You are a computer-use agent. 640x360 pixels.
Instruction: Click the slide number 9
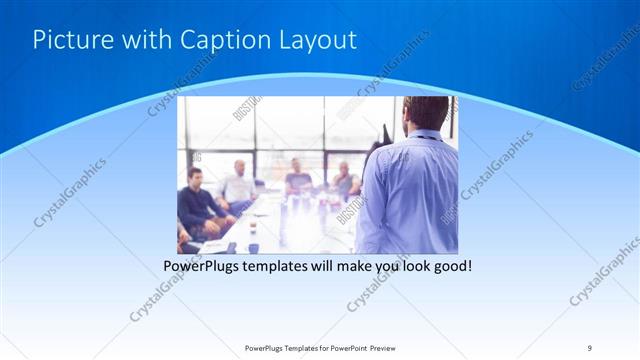(x=590, y=347)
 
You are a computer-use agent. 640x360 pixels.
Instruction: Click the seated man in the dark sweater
(x=197, y=200)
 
